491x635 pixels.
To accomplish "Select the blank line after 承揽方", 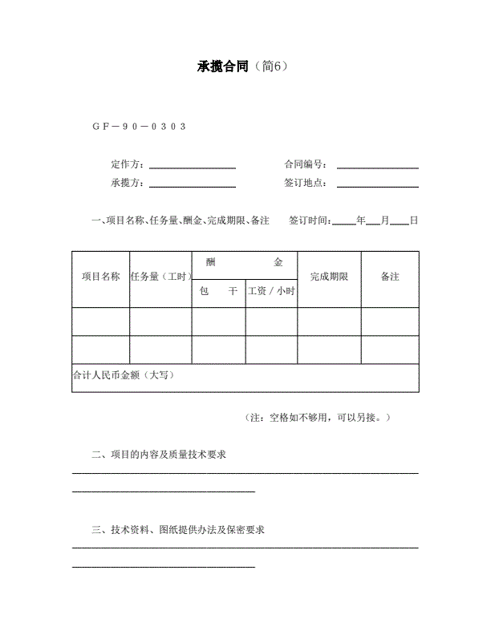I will coord(193,184).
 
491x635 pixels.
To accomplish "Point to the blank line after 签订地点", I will coord(377,184).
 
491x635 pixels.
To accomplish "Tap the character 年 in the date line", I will coord(361,220).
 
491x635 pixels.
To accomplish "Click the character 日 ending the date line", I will coord(414,220).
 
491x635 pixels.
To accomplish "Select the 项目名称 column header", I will coord(100,277).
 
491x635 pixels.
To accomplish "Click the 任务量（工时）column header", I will coord(160,277).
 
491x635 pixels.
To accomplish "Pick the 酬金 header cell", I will coord(244,263).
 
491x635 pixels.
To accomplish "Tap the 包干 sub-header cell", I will coord(218,292).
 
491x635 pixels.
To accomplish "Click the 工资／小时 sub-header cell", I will coord(271,292).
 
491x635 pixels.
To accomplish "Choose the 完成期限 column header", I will coord(329,277).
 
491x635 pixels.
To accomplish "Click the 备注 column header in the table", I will coord(390,277).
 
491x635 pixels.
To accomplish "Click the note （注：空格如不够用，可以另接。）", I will coord(318,418).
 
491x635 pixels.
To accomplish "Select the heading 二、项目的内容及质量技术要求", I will coord(160,455).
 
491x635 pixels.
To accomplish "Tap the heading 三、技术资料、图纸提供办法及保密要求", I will coord(179,530).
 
